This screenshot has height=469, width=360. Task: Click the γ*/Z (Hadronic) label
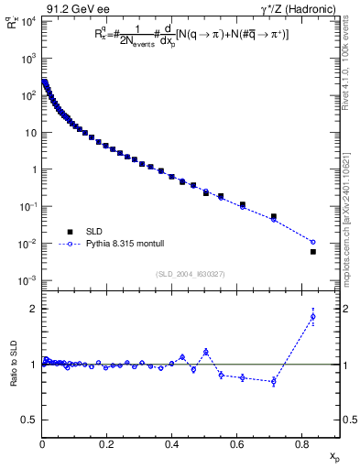click(298, 7)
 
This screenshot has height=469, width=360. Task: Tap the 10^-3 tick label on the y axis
click(27, 280)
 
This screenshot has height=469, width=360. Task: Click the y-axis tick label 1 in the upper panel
click(33, 169)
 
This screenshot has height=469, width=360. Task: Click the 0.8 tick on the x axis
click(302, 443)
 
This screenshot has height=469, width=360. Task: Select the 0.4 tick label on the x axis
click(172, 443)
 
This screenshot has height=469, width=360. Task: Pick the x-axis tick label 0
click(42, 443)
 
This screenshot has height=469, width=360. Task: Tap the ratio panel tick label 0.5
click(29, 420)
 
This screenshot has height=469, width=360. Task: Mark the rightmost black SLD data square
click(313, 251)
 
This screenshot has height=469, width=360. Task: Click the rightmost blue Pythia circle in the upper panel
click(313, 242)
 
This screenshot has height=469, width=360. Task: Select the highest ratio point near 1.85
click(313, 318)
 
